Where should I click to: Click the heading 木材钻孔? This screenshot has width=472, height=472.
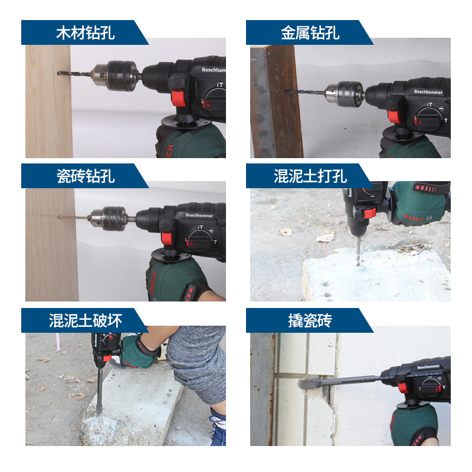pyautogui.click(x=85, y=32)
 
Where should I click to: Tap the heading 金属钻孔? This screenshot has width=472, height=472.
pyautogui.click(x=310, y=32)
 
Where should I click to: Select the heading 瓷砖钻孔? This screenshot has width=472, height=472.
pyautogui.click(x=85, y=176)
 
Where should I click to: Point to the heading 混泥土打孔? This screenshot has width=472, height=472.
pyautogui.click(x=310, y=176)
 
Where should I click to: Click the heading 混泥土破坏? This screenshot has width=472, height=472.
pyautogui.click(x=85, y=320)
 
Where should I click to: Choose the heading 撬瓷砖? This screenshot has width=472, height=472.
pyautogui.click(x=310, y=320)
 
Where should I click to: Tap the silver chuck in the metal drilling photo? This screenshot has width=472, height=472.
pyautogui.click(x=343, y=93)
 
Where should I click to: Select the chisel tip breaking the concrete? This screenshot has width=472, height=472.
pyautogui.click(x=99, y=401)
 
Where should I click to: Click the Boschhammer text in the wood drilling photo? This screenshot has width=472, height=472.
pyautogui.click(x=213, y=70)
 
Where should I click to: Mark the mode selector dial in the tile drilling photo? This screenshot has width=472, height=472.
pyautogui.click(x=198, y=239)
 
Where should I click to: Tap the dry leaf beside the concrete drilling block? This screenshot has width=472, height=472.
pyautogui.click(x=326, y=237)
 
